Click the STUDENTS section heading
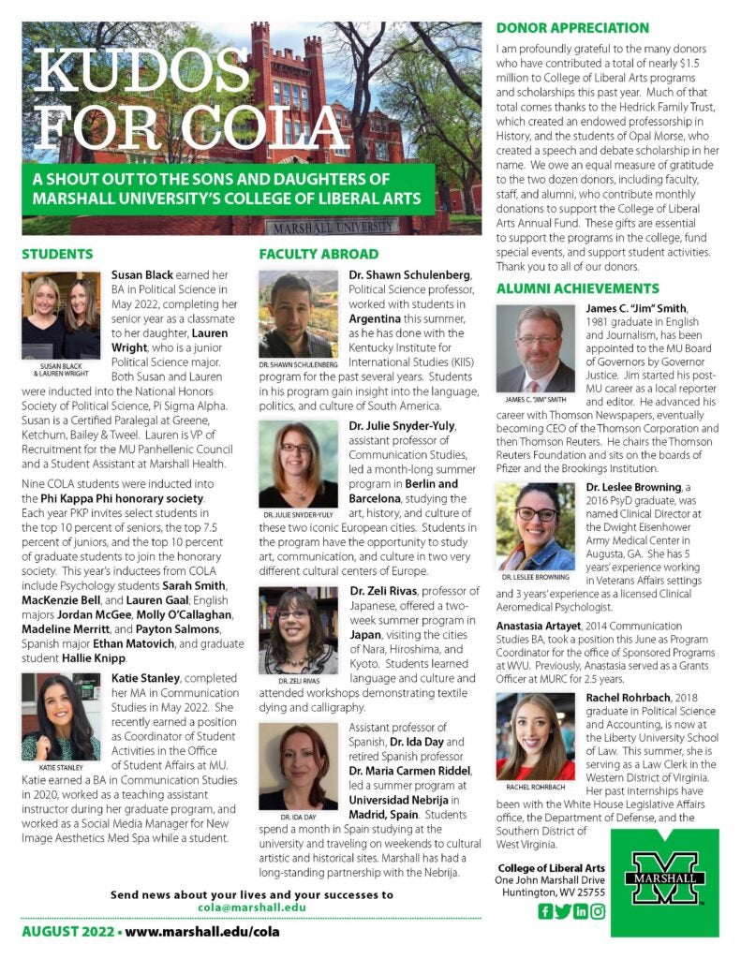(x=57, y=254)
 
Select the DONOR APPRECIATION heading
(x=572, y=28)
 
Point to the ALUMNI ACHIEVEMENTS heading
(x=577, y=288)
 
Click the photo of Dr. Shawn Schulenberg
(x=298, y=314)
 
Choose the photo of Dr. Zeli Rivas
(x=298, y=630)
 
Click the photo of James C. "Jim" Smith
(x=535, y=348)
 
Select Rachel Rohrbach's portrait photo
(x=535, y=736)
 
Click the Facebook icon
(x=545, y=911)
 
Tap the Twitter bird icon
(x=562, y=911)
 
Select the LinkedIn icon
(x=580, y=911)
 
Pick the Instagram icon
(x=597, y=911)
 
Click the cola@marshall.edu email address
(x=252, y=907)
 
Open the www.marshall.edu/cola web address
(x=201, y=932)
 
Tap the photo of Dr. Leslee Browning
(x=535, y=526)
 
